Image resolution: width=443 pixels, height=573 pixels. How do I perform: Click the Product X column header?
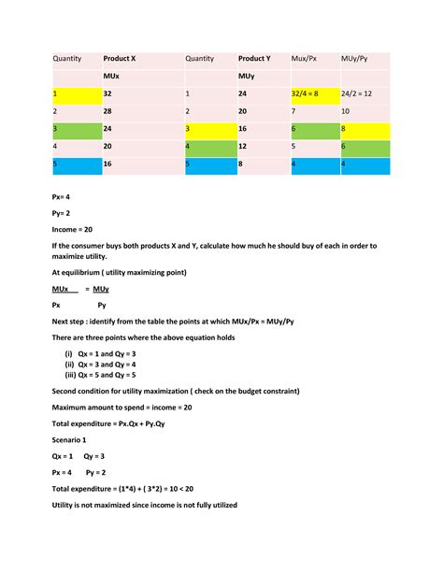[120, 58]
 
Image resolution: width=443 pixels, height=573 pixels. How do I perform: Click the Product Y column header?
[254, 58]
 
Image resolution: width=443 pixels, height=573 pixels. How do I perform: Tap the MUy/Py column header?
[355, 58]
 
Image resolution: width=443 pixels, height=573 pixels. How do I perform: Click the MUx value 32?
[108, 93]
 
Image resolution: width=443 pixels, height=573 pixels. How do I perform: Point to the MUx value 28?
[108, 111]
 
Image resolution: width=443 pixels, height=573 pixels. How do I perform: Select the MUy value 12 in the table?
[243, 147]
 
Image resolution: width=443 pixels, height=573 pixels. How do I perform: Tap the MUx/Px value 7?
[294, 111]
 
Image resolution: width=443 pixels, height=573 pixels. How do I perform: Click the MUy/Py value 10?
[346, 111]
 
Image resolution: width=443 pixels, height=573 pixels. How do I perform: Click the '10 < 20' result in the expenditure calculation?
[195, 489]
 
